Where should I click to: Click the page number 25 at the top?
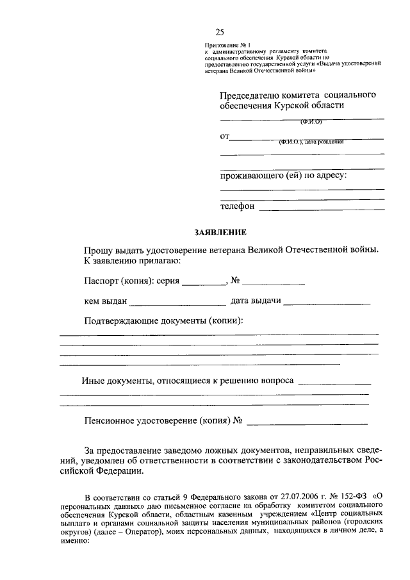point(220,33)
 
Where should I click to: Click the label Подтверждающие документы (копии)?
point(165,320)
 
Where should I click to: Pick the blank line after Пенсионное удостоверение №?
point(307,423)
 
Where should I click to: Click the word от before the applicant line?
point(224,136)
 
